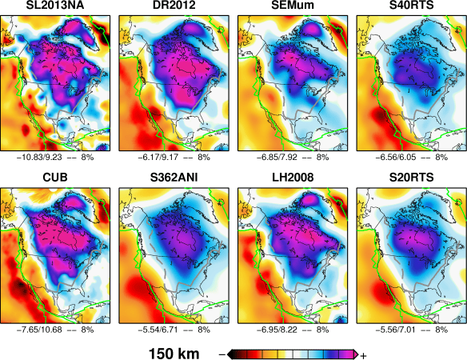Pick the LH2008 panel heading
(x=292, y=178)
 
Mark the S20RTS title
(x=409, y=178)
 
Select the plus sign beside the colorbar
(x=363, y=354)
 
